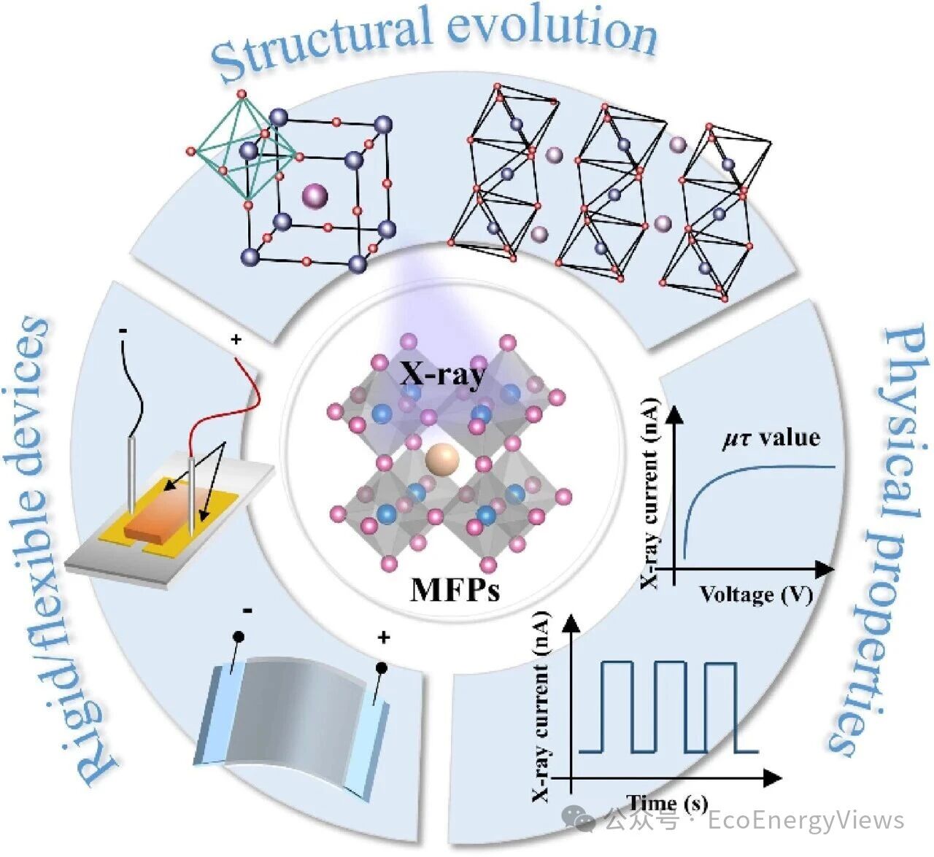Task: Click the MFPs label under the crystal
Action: click(x=455, y=589)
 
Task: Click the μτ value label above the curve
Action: click(x=771, y=438)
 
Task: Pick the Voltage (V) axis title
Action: click(x=756, y=594)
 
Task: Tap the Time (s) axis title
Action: click(x=667, y=803)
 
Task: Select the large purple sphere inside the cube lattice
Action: click(x=315, y=195)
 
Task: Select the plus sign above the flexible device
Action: click(x=383, y=638)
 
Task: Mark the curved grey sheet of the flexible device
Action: click(x=292, y=715)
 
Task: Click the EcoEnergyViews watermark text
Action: click(x=806, y=821)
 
